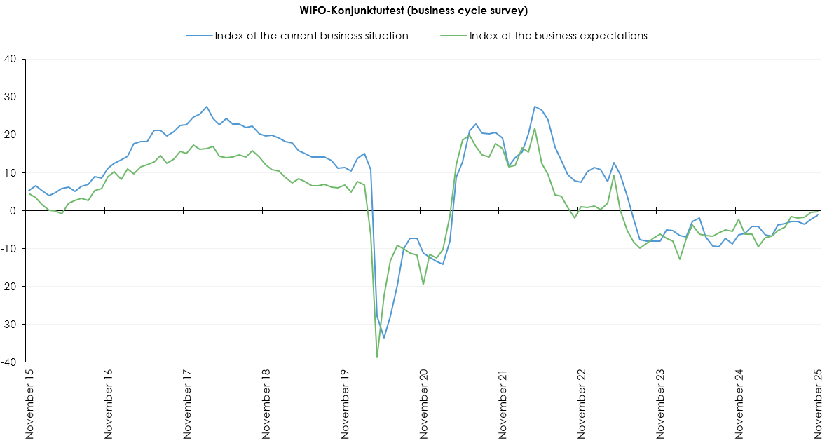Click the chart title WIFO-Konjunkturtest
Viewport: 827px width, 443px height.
pyautogui.click(x=413, y=11)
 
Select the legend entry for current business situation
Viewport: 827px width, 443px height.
pyautogui.click(x=311, y=36)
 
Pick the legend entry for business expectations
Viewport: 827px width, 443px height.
pyautogui.click(x=558, y=36)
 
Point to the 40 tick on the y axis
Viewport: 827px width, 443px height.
pyautogui.click(x=11, y=59)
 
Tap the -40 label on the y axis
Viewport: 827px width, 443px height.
pyautogui.click(x=10, y=362)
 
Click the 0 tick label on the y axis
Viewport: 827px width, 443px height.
pyautogui.click(x=15, y=210)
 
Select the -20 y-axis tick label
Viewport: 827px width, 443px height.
pyautogui.click(x=10, y=287)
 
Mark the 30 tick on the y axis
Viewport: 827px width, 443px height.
pyautogui.click(x=11, y=97)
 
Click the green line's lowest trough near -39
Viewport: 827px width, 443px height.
pyautogui.click(x=377, y=357)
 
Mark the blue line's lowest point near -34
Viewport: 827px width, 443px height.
pyautogui.click(x=384, y=338)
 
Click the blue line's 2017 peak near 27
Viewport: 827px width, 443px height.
pyautogui.click(x=207, y=107)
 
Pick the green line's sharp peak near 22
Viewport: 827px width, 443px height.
pyautogui.click(x=535, y=128)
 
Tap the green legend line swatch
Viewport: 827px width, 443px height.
pyautogui.click(x=453, y=36)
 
